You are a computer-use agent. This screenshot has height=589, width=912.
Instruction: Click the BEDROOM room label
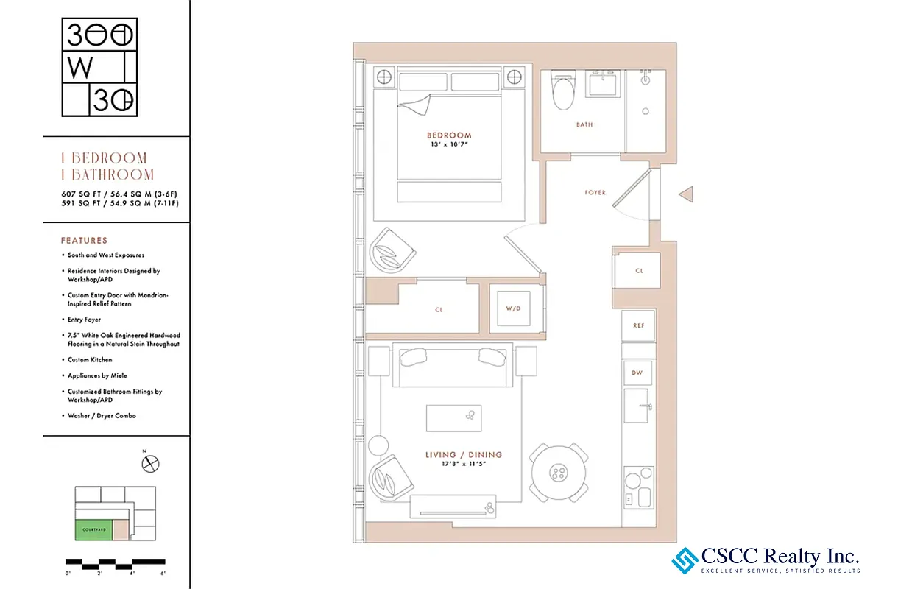(x=449, y=135)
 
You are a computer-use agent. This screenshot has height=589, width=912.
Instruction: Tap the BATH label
(x=584, y=125)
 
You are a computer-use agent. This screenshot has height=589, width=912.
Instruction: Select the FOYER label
(x=595, y=193)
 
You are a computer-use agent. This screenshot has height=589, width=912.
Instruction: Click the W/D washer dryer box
(x=513, y=308)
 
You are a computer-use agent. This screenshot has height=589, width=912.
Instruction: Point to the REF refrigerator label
(x=638, y=325)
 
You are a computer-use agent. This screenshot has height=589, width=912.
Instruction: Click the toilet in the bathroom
(x=563, y=92)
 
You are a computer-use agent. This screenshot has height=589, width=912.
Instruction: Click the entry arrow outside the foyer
(x=685, y=194)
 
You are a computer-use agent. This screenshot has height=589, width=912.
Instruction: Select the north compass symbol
(x=151, y=464)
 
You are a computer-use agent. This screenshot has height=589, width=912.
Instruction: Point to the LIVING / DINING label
(x=464, y=455)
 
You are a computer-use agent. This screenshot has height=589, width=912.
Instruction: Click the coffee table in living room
(x=454, y=418)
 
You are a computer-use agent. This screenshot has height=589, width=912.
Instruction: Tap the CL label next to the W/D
(x=439, y=310)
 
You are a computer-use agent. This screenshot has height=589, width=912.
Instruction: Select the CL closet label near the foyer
(x=638, y=271)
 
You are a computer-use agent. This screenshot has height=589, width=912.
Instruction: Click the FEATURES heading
(x=84, y=241)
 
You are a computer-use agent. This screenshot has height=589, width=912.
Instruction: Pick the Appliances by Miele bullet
(x=97, y=375)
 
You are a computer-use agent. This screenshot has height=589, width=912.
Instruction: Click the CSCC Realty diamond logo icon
(x=685, y=560)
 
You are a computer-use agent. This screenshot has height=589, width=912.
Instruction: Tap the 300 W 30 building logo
(x=99, y=67)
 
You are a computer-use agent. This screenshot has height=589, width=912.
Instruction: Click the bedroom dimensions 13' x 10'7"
(x=449, y=145)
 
